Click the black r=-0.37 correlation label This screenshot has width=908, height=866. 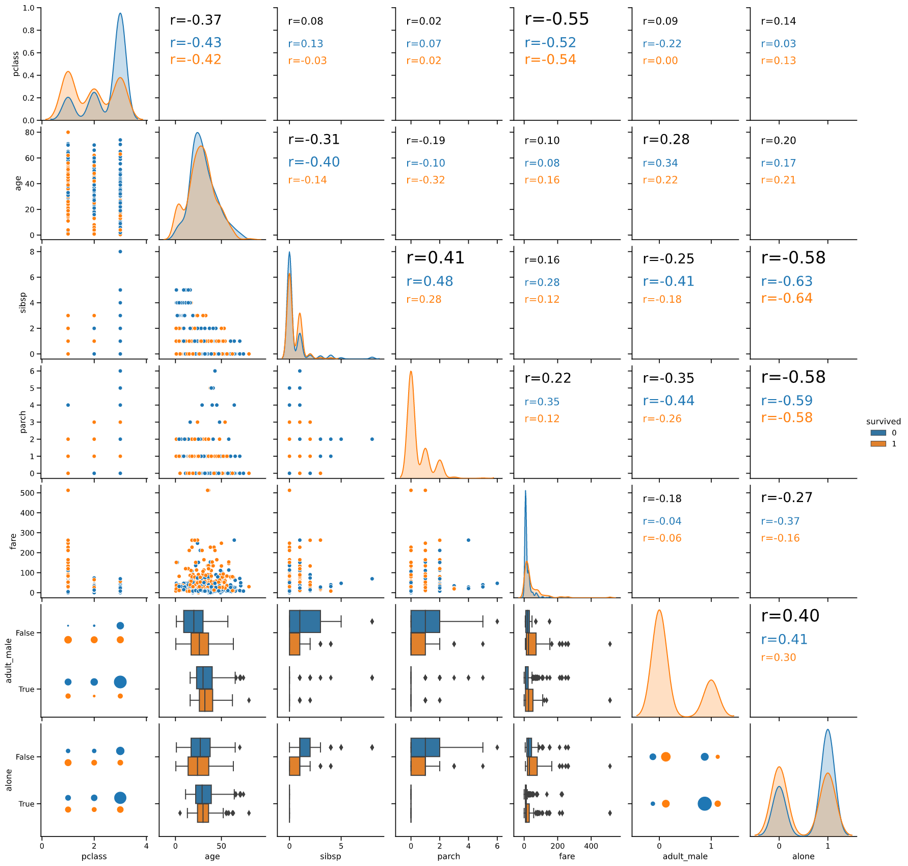tap(196, 20)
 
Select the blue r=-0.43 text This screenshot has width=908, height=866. tap(196, 43)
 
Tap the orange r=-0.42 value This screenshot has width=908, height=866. tap(196, 60)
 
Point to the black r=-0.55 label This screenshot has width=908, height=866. tap(556, 19)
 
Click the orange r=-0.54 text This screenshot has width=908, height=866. tap(550, 60)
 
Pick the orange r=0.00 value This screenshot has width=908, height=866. tap(660, 61)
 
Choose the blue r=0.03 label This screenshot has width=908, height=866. tap(778, 44)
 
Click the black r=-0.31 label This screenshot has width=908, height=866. tap(313, 140)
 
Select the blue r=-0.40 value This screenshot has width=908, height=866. tap(313, 162)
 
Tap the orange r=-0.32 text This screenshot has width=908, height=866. tap(425, 180)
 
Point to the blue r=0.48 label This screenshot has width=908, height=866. tap(430, 281)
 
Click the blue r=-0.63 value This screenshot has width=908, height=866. tap(787, 281)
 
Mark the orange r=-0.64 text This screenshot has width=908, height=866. tap(787, 298)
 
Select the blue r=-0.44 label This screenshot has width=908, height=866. tap(669, 401)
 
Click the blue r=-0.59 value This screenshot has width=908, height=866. tap(787, 401)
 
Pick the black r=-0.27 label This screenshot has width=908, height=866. tap(787, 497)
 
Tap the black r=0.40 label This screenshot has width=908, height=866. tap(790, 616)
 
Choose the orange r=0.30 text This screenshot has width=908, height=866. tap(778, 658)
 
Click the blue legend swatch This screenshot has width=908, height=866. tap(878, 433)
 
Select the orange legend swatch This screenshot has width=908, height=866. tap(878, 443)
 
